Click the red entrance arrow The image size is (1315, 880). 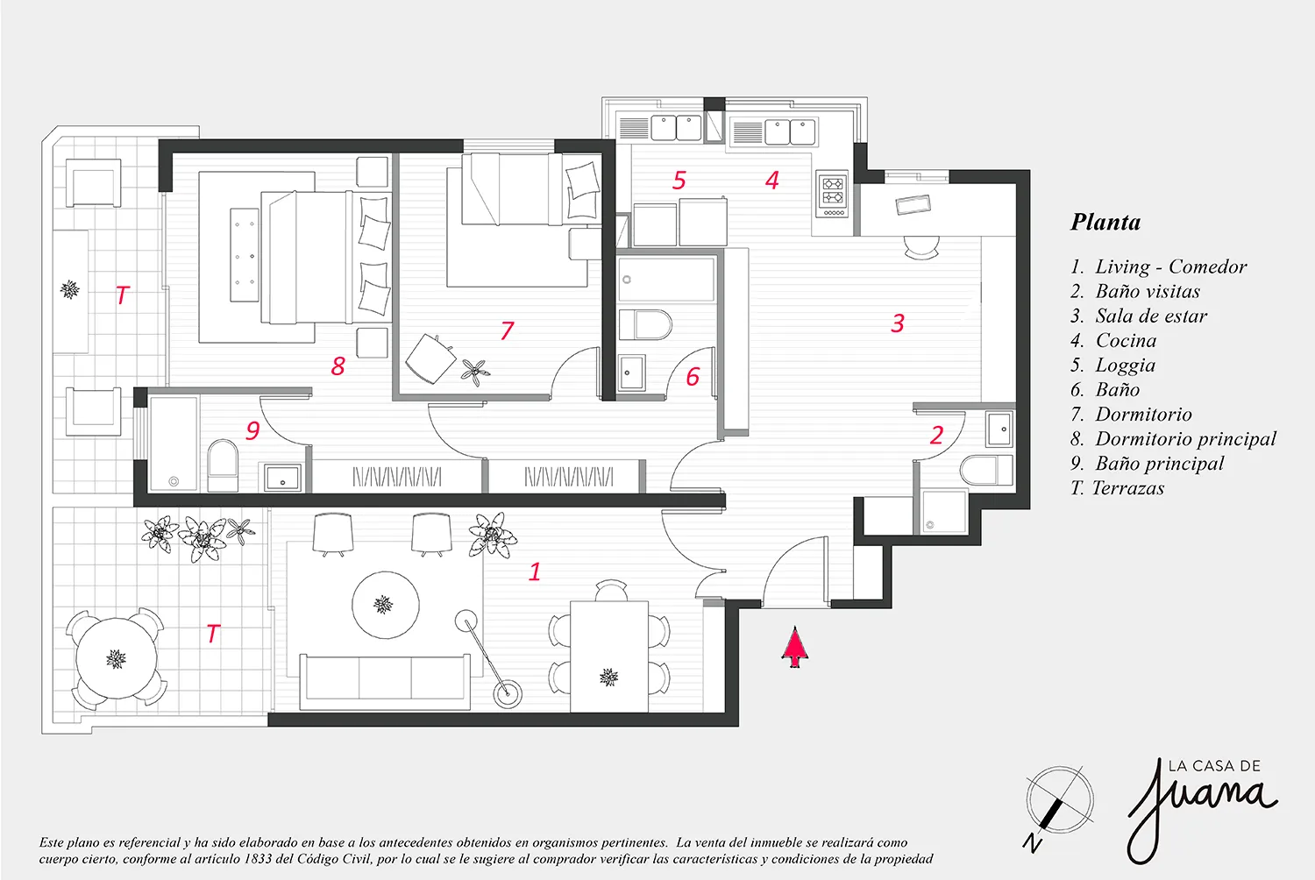pyautogui.click(x=795, y=646)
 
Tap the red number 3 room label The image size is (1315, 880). pyautogui.click(x=898, y=323)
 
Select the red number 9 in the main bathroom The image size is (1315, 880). pyautogui.click(x=252, y=430)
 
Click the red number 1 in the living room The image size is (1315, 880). pyautogui.click(x=534, y=571)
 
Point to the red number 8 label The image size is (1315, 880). pyautogui.click(x=338, y=365)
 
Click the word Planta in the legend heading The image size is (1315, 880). pyautogui.click(x=1105, y=222)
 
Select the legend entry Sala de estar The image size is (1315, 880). pyautogui.click(x=1150, y=316)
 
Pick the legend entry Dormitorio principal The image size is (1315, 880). pyautogui.click(x=1185, y=439)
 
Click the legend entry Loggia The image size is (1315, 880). pyautogui.click(x=1125, y=365)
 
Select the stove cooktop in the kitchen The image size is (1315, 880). pyautogui.click(x=833, y=194)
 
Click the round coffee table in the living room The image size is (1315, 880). pyautogui.click(x=386, y=605)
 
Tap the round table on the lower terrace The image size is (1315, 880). pyautogui.click(x=117, y=658)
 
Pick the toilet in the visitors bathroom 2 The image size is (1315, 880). pyautogui.click(x=986, y=470)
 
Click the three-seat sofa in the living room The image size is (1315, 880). pyautogui.click(x=385, y=682)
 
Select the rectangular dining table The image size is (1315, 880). pyautogui.click(x=609, y=656)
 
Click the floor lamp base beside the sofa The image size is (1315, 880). pyautogui.click(x=507, y=694)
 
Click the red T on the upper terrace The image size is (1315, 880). pyautogui.click(x=122, y=295)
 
